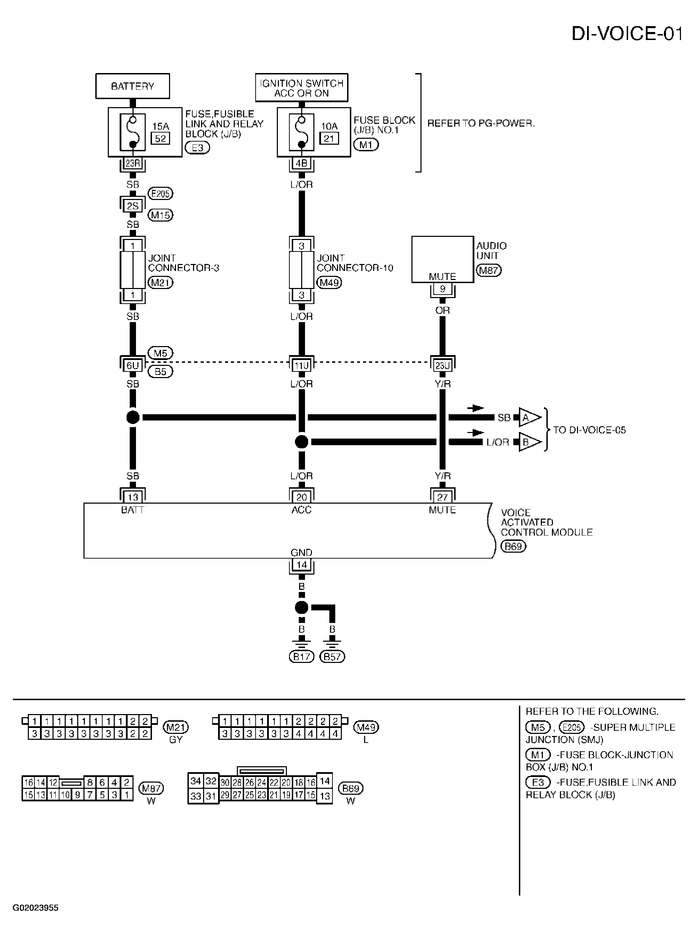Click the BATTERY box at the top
tap(133, 86)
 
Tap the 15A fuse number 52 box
tap(161, 138)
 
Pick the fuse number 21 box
tap(329, 138)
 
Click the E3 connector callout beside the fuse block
tap(197, 147)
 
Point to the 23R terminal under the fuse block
tap(133, 163)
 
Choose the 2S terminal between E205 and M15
tap(133, 206)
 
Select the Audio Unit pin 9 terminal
tap(442, 289)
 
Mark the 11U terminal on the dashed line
tap(301, 366)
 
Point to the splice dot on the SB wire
tap(133, 417)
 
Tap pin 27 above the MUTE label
tap(442, 497)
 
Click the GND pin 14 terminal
tap(301, 565)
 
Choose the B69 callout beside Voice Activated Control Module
tap(513, 546)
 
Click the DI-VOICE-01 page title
tap(627, 34)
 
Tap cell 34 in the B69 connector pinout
tap(195, 781)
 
